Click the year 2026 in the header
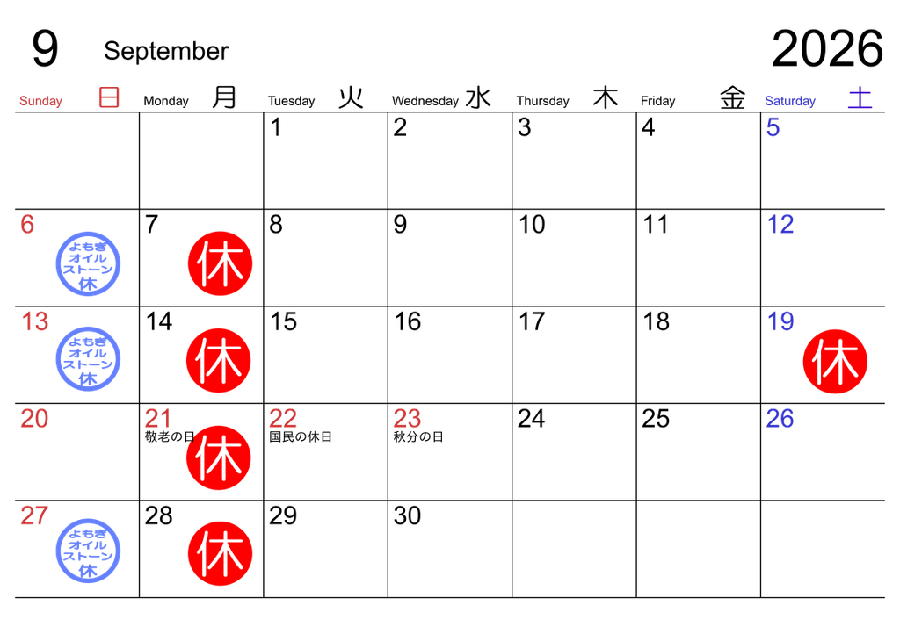[826, 48]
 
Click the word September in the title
[166, 52]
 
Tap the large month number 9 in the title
[45, 48]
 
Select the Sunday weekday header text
[40, 101]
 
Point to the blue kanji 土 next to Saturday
[860, 97]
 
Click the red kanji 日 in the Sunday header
[109, 97]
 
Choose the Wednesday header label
[425, 101]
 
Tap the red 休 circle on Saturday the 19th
[835, 361]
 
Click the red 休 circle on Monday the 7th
[221, 263]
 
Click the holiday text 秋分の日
[418, 436]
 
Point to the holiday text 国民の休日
[301, 436]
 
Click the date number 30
[407, 516]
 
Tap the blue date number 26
[780, 419]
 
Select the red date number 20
[34, 419]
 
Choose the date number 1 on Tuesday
[276, 127]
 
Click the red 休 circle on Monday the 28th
[221, 554]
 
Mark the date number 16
[408, 321]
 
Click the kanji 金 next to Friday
[733, 97]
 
